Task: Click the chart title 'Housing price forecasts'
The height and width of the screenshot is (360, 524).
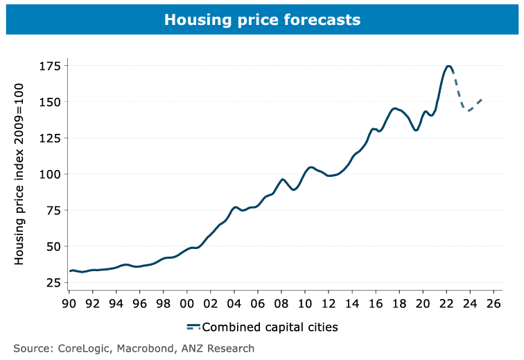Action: point(262,20)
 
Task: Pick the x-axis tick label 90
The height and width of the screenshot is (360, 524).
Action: point(69,303)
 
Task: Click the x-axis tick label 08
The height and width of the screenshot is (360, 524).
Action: point(281,303)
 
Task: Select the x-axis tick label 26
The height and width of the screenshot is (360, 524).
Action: point(494,303)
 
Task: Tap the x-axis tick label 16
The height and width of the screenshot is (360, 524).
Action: point(376,303)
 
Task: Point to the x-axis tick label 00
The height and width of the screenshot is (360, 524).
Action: point(187,303)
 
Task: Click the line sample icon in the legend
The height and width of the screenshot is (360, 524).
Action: point(193,326)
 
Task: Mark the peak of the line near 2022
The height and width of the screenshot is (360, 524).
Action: point(448,66)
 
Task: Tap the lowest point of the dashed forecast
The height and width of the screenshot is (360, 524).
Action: point(469,110)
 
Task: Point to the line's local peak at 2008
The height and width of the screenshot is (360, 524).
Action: point(282,179)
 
